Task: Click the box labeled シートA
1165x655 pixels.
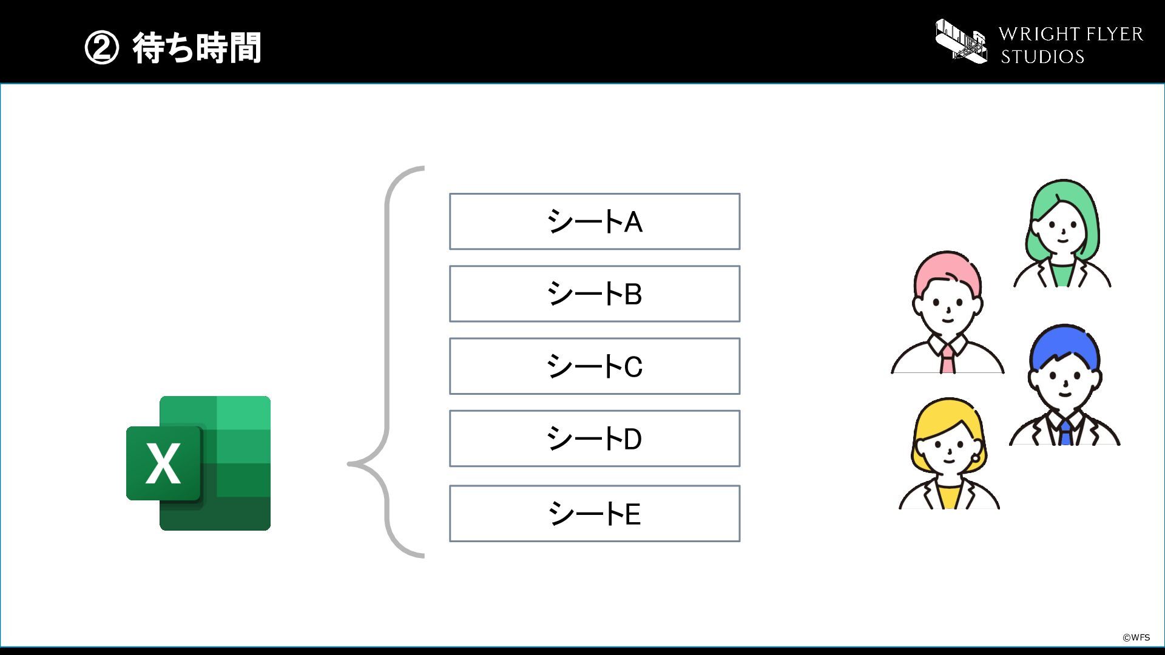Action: pos(595,221)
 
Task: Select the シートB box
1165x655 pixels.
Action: pos(595,294)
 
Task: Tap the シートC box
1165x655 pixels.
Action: pos(595,366)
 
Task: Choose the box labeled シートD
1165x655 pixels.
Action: pos(595,438)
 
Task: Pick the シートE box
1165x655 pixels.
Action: pos(595,513)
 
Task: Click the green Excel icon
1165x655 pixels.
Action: pos(198,463)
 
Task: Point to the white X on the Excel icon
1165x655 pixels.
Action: pos(163,463)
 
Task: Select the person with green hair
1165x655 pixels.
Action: pos(1062,233)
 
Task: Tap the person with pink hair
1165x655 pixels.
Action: pos(947,312)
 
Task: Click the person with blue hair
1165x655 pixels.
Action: pos(1065,385)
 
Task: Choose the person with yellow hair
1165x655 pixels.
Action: pos(949,453)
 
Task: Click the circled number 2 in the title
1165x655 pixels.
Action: pos(101,48)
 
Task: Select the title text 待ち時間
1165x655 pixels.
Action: pos(197,48)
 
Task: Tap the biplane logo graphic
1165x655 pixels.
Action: pos(961,41)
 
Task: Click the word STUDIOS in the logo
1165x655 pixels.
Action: pos(1042,56)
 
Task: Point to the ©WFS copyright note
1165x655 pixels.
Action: pos(1136,637)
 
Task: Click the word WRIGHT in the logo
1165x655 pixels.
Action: pos(1044,34)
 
